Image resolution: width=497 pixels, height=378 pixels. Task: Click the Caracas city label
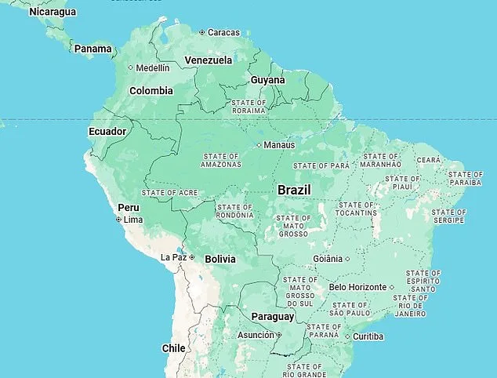[223, 32]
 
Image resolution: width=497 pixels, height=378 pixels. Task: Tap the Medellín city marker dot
[131, 68]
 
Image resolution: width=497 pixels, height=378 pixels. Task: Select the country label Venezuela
[208, 60]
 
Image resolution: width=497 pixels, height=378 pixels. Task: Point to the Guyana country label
[267, 80]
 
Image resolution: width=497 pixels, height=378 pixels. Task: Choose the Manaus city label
[279, 145]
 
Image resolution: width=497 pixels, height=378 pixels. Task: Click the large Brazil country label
[294, 190]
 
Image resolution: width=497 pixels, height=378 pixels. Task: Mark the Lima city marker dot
[118, 220]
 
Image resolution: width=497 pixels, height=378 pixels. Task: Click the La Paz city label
[173, 257]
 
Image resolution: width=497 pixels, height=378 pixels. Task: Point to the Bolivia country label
[220, 259]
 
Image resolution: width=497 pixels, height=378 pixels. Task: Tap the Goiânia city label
[328, 259]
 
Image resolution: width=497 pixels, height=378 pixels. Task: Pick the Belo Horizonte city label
[357, 287]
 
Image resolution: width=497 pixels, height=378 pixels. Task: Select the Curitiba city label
[368, 336]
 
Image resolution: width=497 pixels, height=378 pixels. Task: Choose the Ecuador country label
[107, 131]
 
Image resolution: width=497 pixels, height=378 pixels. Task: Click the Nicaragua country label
[53, 12]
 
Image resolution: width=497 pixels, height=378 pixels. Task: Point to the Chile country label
[173, 348]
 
